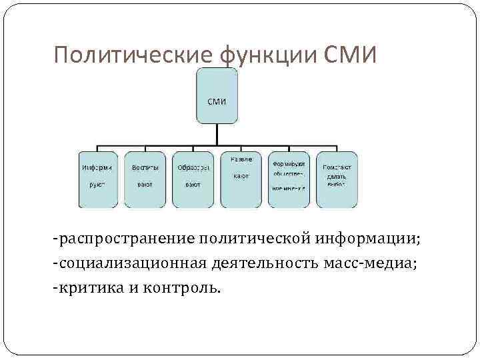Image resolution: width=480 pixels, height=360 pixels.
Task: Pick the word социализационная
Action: point(132,264)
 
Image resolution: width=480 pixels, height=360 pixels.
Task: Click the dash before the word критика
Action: point(57,289)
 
